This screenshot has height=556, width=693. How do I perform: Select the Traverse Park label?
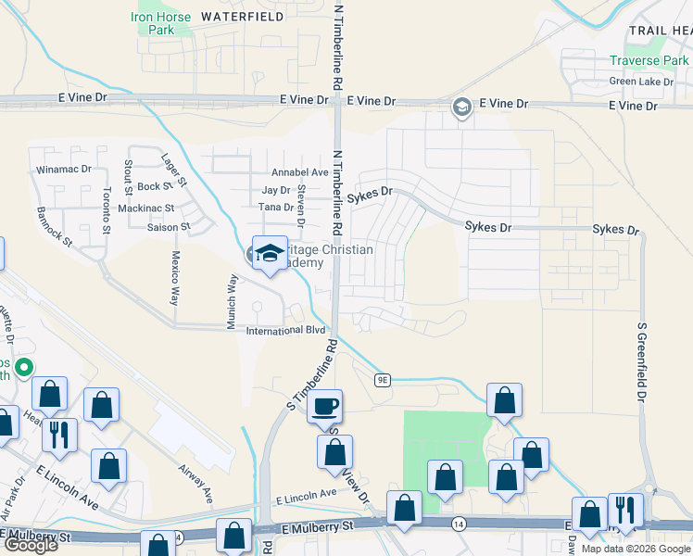pos(649,61)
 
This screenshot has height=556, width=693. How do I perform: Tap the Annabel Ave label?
pos(299,172)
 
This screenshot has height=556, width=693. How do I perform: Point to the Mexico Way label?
pos(174,277)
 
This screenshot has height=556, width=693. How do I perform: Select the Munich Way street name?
pos(233,294)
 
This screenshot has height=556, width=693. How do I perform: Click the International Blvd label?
pos(285,330)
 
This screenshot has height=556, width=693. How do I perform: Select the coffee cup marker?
pos(324,406)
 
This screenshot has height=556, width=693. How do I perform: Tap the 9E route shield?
pos(384,379)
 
